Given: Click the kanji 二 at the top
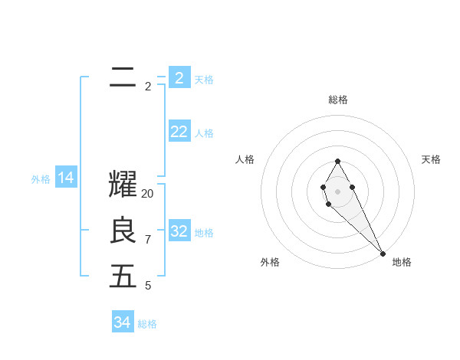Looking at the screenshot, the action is (123, 77).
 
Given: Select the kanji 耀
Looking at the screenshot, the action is (123, 185).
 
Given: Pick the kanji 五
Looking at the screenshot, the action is (123, 277).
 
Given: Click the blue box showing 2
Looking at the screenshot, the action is (179, 78).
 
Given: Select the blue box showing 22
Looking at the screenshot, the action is (179, 132).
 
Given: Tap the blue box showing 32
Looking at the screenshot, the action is (179, 231).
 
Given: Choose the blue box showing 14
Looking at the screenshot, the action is (66, 178).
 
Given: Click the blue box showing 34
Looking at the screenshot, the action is (123, 322).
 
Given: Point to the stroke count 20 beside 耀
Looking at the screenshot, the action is (148, 194).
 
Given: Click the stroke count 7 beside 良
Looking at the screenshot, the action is (148, 240).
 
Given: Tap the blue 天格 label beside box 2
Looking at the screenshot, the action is (204, 80).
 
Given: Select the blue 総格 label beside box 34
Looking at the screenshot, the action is (147, 324).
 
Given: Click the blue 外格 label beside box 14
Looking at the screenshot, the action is (41, 179).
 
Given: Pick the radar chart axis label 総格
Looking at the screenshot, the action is (338, 100).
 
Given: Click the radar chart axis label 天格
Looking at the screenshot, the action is (431, 159).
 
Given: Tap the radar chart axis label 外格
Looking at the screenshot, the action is (269, 262).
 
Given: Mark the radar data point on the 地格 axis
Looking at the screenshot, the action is (383, 253).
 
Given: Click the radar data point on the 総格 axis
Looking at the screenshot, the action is (337, 162).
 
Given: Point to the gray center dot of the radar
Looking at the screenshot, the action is (337, 190).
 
